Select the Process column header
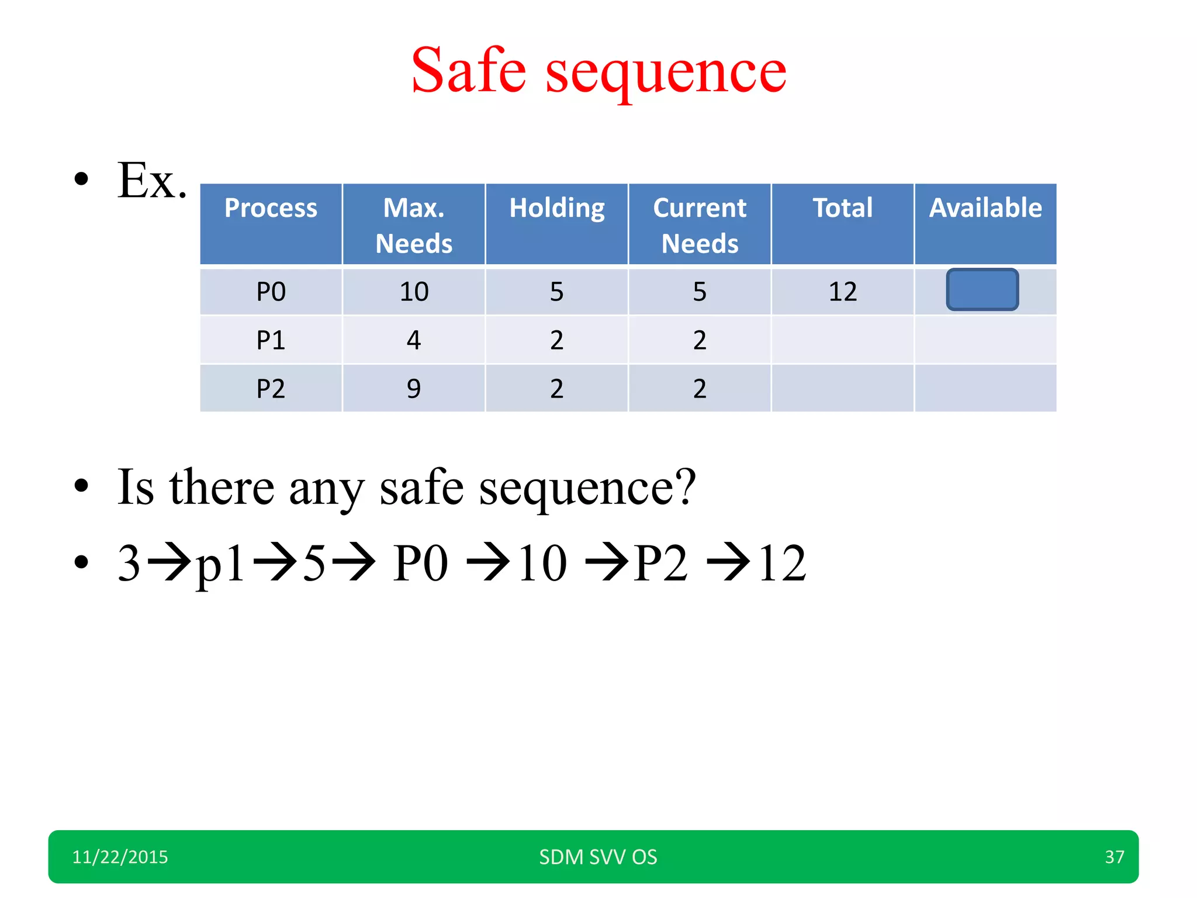pyautogui.click(x=271, y=208)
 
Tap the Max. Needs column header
pyautogui.click(x=414, y=225)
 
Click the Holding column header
pyautogui.click(x=556, y=208)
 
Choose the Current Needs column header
pyautogui.click(x=700, y=225)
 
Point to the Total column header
pyautogui.click(x=842, y=208)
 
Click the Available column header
pyautogui.click(x=985, y=208)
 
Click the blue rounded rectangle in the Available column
pyautogui.click(x=982, y=289)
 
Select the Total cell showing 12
pyautogui.click(x=842, y=291)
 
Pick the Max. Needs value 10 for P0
pyautogui.click(x=414, y=291)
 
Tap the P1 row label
pyautogui.click(x=271, y=340)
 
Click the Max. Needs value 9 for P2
pyautogui.click(x=414, y=388)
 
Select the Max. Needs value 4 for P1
pyautogui.click(x=414, y=340)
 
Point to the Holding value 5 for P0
pyautogui.click(x=556, y=291)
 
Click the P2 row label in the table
pyautogui.click(x=271, y=388)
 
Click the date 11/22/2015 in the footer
pyautogui.click(x=120, y=857)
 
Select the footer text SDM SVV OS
pyautogui.click(x=598, y=857)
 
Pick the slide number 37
pyautogui.click(x=1114, y=857)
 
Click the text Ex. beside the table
pyautogui.click(x=151, y=181)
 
